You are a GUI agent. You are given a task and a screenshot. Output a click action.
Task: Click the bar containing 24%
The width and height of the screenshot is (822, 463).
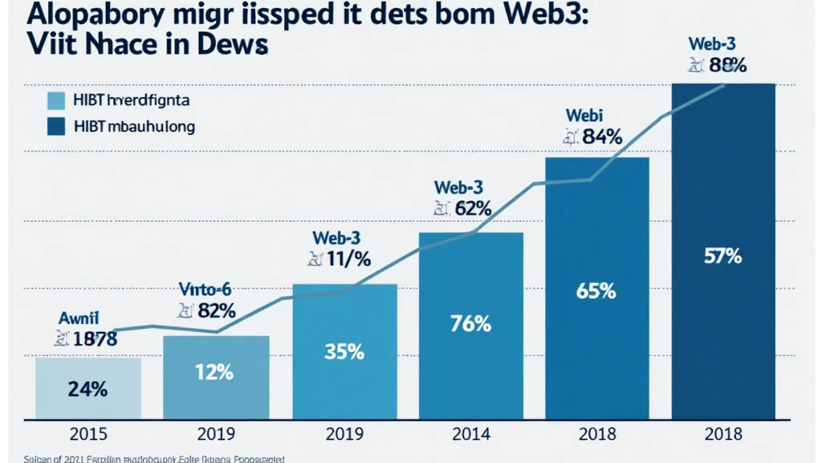tap(88, 388)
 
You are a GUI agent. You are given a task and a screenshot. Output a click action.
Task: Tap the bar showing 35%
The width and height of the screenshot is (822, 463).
tap(344, 352)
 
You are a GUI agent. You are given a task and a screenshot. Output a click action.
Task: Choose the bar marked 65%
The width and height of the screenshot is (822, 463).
tap(596, 289)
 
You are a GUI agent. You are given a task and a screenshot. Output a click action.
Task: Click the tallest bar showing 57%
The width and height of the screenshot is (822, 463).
tap(722, 257)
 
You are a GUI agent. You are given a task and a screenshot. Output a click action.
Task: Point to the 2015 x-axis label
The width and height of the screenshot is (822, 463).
tap(88, 435)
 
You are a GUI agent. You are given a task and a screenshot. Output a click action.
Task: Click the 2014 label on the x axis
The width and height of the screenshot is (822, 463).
tap(471, 435)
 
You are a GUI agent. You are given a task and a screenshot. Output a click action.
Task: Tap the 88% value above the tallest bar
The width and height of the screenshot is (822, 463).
tap(730, 66)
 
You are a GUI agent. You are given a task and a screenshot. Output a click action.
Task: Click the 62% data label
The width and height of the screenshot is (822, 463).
tap(472, 209)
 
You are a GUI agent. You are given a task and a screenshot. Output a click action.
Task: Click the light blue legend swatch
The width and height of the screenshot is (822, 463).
tap(55, 100)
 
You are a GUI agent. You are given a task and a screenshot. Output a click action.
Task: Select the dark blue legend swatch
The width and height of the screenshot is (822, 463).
tap(55, 126)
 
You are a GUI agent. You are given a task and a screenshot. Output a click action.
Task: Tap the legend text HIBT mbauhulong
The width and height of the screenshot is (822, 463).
tap(133, 126)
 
